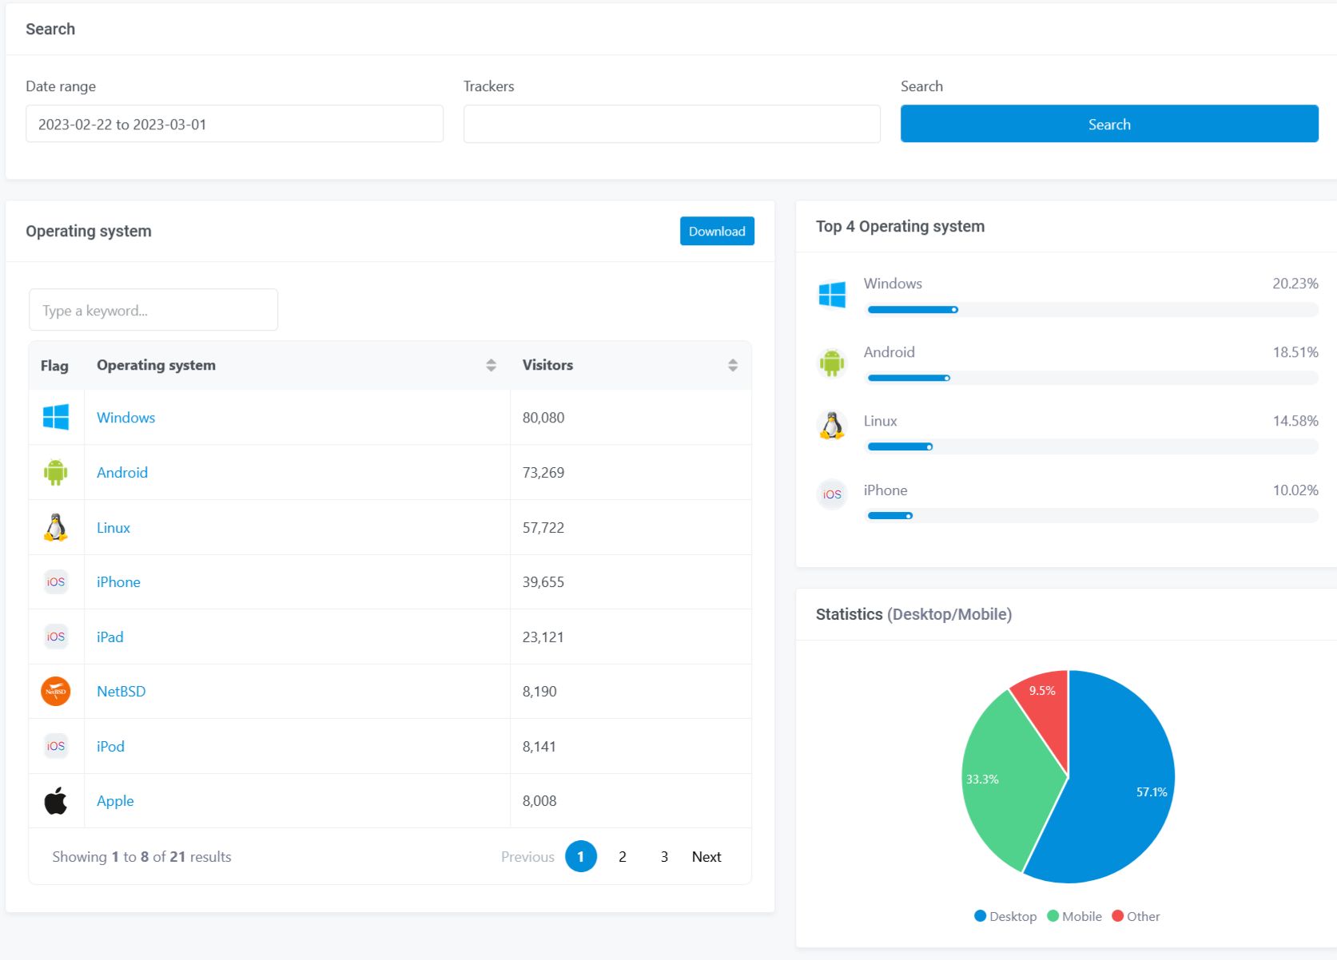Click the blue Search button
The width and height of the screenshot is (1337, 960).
coord(1108,124)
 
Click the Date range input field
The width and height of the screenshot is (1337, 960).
coord(234,124)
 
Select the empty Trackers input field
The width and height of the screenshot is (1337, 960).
coord(671,124)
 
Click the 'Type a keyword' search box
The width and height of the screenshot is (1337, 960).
coord(153,310)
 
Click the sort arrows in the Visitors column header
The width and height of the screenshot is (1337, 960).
coord(732,365)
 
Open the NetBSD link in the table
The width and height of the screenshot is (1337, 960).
coord(121,692)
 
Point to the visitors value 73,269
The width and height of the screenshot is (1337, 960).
coord(543,473)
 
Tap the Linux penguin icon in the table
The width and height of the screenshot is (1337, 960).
coord(55,527)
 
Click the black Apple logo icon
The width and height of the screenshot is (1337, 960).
coord(55,800)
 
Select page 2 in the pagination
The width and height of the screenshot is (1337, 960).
coord(623,857)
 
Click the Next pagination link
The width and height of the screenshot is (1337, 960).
coord(706,857)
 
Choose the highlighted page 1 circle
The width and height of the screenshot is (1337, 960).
coord(581,857)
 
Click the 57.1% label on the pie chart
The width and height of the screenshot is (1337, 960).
coord(1152,792)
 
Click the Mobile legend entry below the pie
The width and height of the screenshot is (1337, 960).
coord(1075,916)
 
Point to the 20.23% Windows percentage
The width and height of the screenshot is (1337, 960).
coord(1295,284)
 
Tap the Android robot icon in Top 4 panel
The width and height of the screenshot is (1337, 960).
coord(832,363)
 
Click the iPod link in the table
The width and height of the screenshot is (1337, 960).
coord(110,747)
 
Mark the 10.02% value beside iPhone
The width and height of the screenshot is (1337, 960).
coord(1295,490)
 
